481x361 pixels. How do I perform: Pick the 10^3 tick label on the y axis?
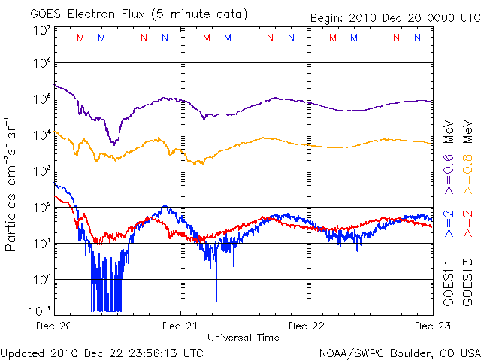(x=41, y=171)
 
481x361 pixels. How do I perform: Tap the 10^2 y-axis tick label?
(x=41, y=207)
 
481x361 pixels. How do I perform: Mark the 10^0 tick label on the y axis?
(x=41, y=279)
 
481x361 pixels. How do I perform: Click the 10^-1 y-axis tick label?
(x=40, y=310)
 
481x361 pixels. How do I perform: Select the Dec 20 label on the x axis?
(x=55, y=326)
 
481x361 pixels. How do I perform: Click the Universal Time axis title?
(x=244, y=338)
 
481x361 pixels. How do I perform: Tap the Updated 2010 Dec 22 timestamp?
(x=102, y=352)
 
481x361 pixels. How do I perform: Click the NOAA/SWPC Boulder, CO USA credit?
(x=399, y=352)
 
